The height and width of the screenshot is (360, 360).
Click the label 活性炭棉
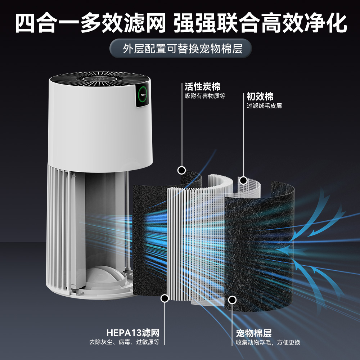click(202, 87)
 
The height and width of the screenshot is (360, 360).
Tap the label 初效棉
click(260, 96)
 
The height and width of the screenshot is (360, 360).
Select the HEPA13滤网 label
click(133, 333)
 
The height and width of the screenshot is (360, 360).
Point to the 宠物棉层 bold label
click(254, 333)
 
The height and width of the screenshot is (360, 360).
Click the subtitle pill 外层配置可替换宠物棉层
click(180, 49)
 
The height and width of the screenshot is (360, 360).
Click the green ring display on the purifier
click(143, 95)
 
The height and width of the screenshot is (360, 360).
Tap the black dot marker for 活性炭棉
click(181, 170)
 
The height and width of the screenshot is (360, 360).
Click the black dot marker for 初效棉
click(244, 180)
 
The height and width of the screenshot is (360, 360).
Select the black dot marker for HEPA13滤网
click(165, 298)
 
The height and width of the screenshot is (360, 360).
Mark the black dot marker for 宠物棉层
click(232, 300)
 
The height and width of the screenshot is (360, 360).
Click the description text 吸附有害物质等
click(205, 96)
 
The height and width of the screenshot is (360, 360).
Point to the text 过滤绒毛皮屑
click(264, 106)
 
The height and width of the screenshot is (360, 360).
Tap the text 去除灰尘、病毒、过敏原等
click(124, 342)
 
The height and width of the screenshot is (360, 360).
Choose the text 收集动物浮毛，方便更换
click(268, 343)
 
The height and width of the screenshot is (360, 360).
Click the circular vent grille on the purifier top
click(100, 79)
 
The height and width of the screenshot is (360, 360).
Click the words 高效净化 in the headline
click(304, 23)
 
